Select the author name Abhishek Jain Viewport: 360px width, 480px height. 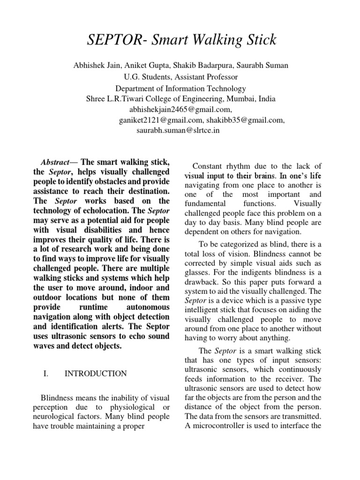[x=95, y=65]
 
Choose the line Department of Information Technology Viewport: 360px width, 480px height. [x=180, y=88]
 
